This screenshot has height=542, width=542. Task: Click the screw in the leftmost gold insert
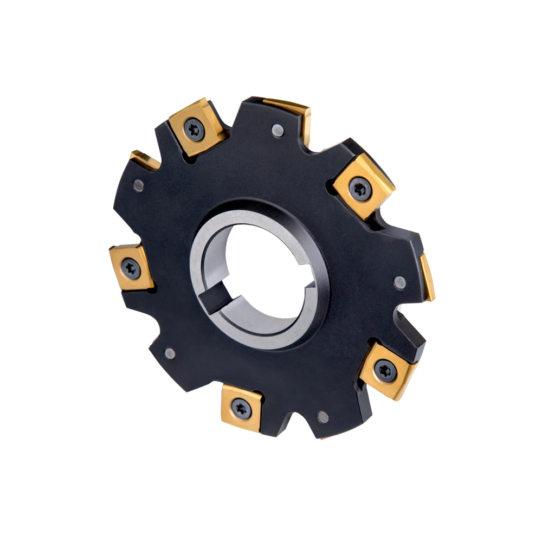131,267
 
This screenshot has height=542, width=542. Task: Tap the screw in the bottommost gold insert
241,408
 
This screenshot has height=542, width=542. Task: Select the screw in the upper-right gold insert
360,189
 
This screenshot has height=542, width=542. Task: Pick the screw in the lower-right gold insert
385,370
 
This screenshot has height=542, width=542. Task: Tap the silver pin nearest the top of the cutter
278,130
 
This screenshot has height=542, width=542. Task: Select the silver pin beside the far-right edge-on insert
399,282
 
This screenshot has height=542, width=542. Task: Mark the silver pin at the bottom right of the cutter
322,417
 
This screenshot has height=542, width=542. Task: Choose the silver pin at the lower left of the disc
170,353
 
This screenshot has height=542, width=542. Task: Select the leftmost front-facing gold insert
132,267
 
